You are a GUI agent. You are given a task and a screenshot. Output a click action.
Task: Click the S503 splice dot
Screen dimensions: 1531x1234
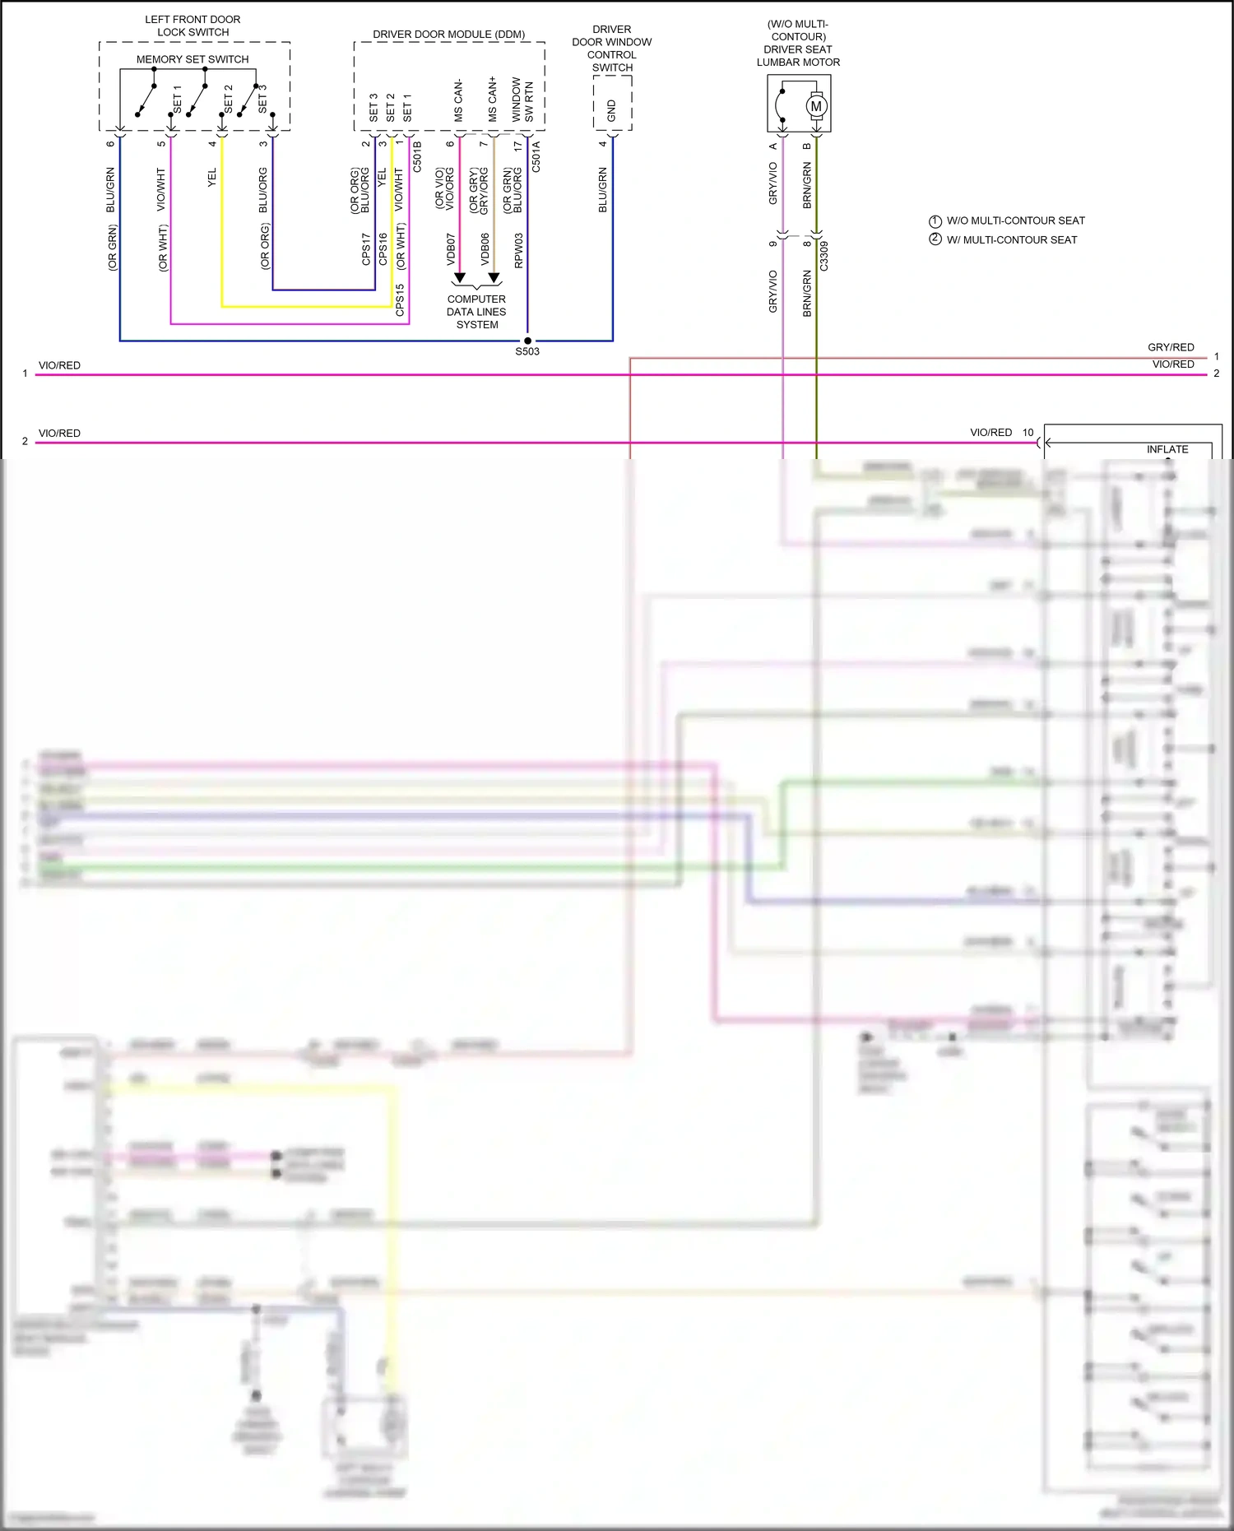click(527, 341)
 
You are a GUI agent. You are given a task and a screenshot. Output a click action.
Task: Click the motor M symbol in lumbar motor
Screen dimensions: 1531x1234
click(816, 106)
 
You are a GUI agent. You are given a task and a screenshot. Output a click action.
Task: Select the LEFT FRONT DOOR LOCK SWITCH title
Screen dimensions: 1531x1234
click(193, 26)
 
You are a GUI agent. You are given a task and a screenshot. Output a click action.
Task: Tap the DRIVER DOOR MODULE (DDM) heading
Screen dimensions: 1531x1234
click(448, 35)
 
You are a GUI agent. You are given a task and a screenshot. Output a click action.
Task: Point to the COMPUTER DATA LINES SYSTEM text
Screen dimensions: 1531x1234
click(476, 312)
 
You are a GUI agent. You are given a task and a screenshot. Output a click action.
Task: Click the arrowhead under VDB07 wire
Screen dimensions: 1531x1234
click(460, 278)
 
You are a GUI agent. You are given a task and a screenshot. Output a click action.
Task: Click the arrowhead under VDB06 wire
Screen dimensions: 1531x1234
click(494, 278)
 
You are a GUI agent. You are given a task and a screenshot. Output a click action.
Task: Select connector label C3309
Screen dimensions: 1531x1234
click(824, 256)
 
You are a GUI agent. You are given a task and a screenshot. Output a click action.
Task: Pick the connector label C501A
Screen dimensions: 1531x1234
click(536, 156)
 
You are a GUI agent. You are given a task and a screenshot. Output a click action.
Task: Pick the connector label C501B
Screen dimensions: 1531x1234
click(417, 156)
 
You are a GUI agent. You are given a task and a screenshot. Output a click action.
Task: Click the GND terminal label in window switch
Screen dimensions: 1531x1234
click(611, 110)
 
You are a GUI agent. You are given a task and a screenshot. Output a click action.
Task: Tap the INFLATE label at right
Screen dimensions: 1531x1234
click(1167, 449)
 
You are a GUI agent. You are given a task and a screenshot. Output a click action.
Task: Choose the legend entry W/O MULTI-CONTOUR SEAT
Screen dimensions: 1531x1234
click(1015, 220)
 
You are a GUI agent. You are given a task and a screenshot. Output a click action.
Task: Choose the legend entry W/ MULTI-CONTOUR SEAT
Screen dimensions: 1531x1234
click(1011, 239)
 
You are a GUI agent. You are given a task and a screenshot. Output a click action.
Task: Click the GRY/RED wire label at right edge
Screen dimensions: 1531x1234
click(1171, 347)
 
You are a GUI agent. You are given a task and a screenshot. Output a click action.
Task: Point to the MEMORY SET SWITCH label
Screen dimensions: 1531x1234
click(193, 59)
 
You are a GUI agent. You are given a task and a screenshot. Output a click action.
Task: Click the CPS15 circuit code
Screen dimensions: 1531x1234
click(400, 300)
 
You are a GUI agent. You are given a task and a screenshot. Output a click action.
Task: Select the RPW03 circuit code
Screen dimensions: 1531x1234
click(518, 251)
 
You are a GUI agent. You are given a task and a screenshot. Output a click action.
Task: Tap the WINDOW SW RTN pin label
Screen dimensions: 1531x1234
click(522, 100)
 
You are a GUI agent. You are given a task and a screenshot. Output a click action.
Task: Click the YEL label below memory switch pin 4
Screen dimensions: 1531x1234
click(212, 178)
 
